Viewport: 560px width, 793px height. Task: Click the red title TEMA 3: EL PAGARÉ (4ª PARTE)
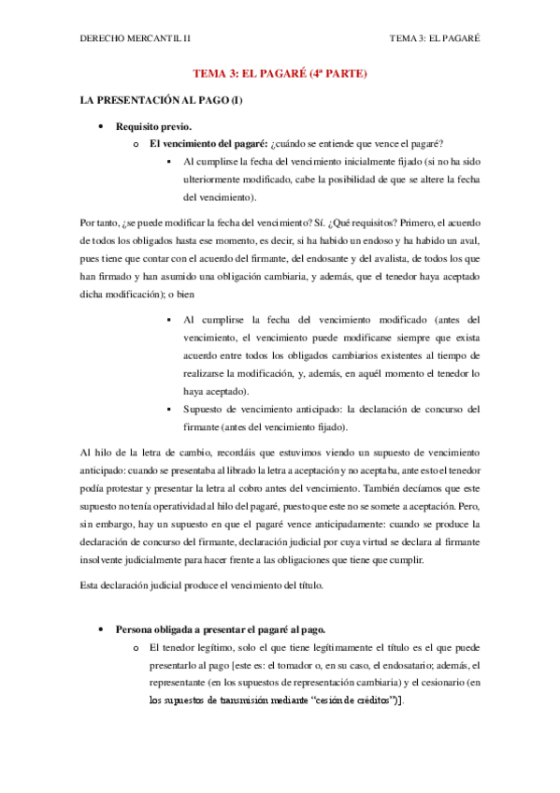coord(280,73)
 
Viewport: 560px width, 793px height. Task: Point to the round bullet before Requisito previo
coord(100,125)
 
